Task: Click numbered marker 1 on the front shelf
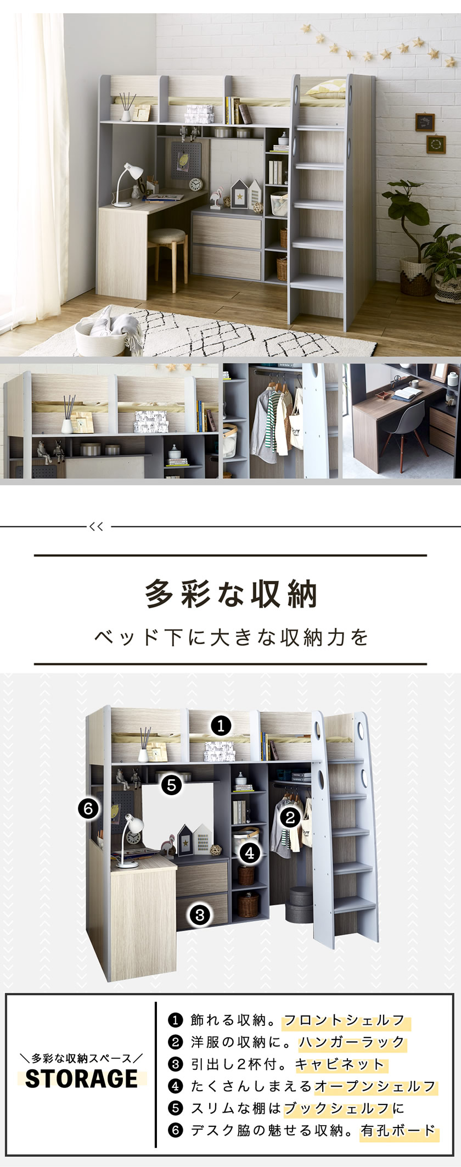pyautogui.click(x=221, y=726)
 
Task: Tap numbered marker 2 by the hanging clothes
pyautogui.click(x=290, y=817)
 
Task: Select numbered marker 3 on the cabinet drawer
pyautogui.click(x=200, y=914)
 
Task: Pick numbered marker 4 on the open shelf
pyautogui.click(x=250, y=853)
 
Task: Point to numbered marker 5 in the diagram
pyautogui.click(x=171, y=785)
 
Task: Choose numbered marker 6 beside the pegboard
pyautogui.click(x=88, y=808)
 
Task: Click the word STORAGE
pyautogui.click(x=81, y=1078)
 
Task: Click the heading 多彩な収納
pyautogui.click(x=231, y=594)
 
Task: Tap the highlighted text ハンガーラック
pyautogui.click(x=352, y=1042)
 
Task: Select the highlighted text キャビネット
pyautogui.click(x=340, y=1064)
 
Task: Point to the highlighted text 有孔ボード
pyautogui.click(x=398, y=1130)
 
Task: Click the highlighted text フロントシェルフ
pyautogui.click(x=344, y=1020)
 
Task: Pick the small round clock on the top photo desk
pyautogui.click(x=195, y=185)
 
